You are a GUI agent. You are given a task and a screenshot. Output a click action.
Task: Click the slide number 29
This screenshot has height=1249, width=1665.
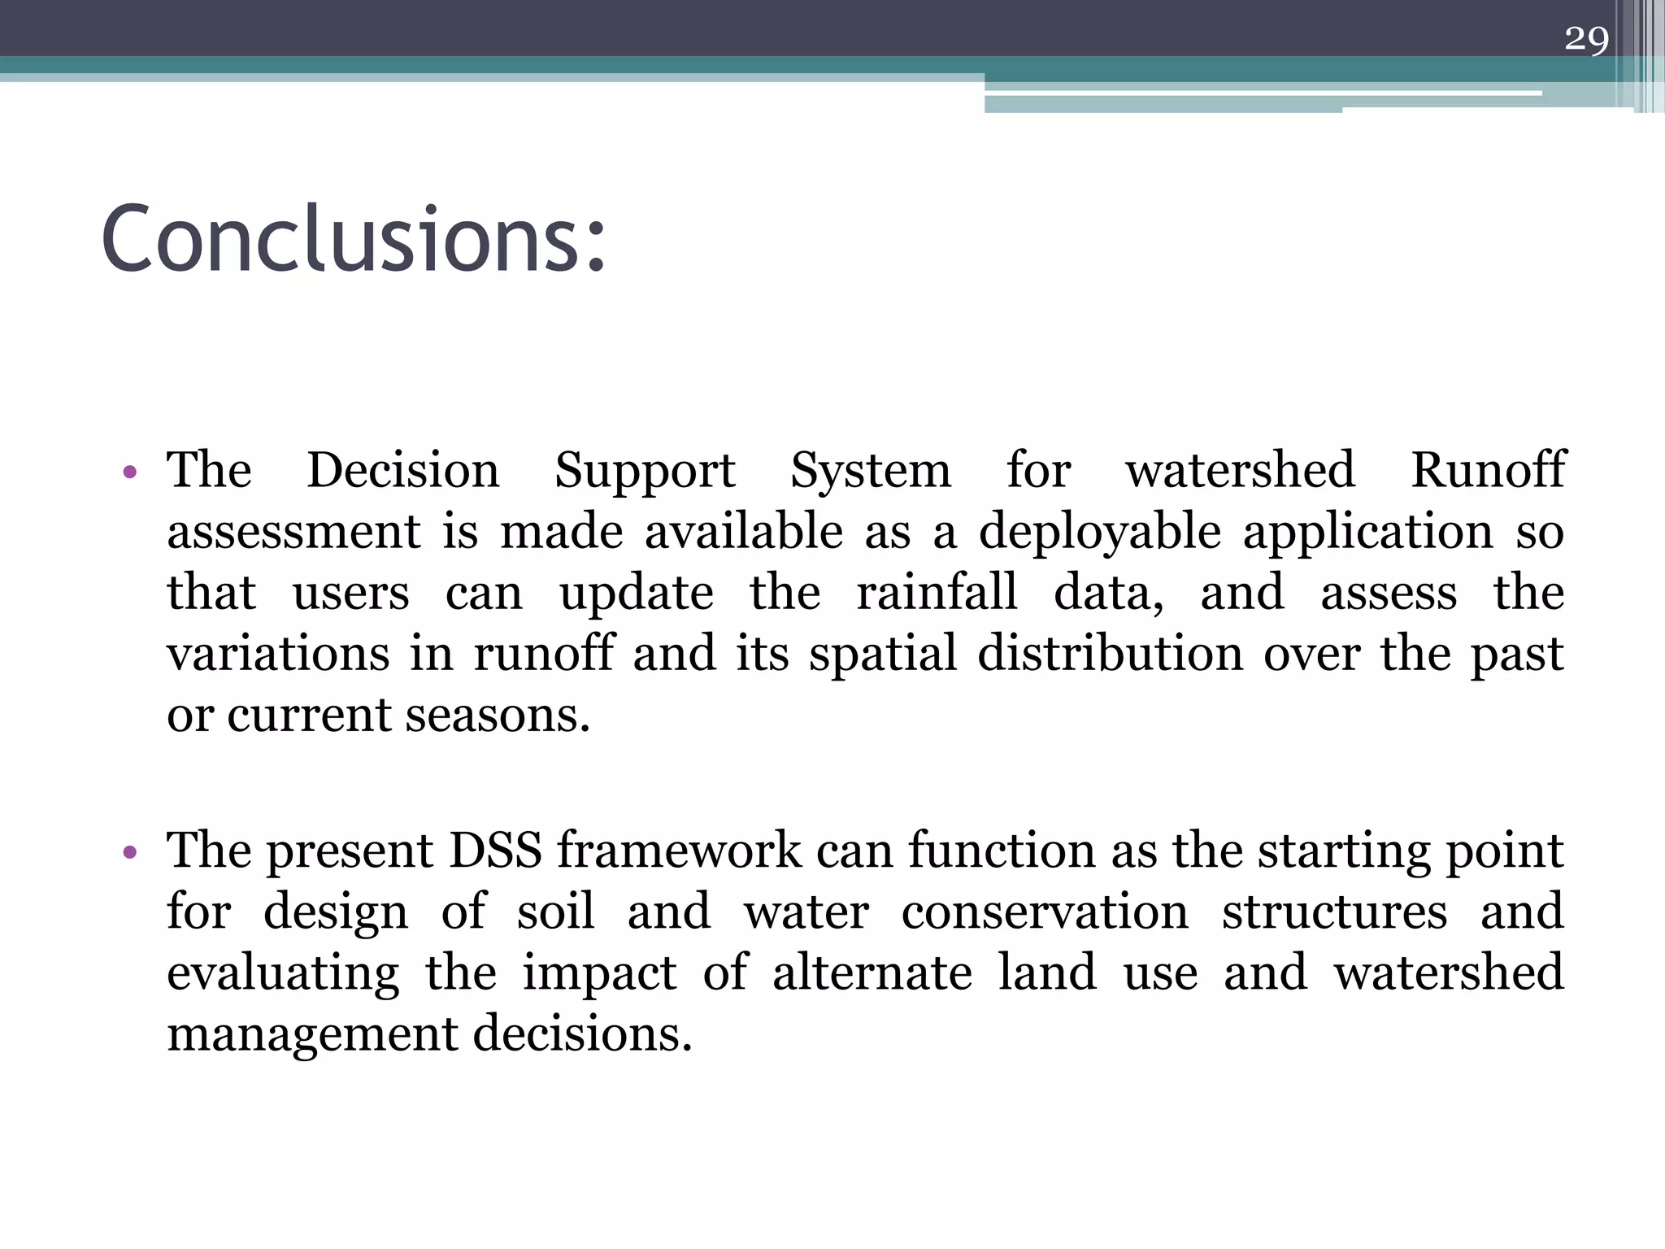1586,38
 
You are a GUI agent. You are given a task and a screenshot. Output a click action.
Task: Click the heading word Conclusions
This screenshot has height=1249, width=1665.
354,240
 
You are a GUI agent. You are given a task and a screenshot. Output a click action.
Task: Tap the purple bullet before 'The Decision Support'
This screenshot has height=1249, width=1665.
129,472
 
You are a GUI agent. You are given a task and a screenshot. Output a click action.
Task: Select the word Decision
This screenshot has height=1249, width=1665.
403,470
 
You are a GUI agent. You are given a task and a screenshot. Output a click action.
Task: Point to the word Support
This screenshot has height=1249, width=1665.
645,472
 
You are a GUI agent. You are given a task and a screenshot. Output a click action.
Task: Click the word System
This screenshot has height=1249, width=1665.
871,472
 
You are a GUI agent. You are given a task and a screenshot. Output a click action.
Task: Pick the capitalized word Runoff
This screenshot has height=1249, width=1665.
1487,470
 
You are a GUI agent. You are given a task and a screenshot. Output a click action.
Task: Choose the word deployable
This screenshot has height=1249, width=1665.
1099,533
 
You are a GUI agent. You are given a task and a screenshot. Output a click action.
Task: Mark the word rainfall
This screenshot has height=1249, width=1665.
937,592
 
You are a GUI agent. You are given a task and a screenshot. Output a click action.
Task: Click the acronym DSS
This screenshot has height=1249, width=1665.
495,851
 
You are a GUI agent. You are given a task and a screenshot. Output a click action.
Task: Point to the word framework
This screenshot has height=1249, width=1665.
679,851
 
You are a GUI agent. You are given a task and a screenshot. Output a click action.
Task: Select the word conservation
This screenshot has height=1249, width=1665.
1045,912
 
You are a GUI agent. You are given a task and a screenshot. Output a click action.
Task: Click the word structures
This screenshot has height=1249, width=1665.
1334,912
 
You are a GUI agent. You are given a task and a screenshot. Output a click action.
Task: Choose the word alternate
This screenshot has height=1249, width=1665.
872,973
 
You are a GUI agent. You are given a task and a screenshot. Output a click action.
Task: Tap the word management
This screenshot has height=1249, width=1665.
311,1035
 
